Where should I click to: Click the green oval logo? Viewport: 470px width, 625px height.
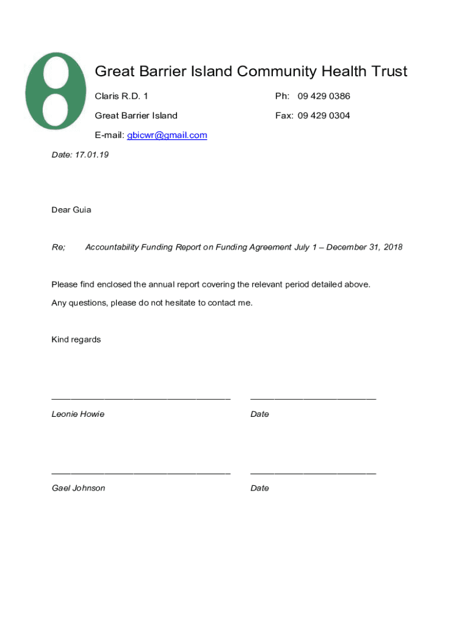(55, 90)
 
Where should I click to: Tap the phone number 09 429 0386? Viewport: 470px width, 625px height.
(324, 96)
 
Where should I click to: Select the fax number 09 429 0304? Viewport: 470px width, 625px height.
(324, 115)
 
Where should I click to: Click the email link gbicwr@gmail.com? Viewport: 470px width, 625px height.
(167, 135)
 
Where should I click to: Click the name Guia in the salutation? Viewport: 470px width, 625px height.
(82, 210)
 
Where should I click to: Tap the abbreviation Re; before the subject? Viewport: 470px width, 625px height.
(58, 247)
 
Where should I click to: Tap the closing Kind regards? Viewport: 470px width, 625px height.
(76, 339)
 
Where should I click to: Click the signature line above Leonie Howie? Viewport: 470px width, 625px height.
(141, 399)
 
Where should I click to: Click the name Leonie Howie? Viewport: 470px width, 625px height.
(78, 414)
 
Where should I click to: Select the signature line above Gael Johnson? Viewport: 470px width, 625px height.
(141, 472)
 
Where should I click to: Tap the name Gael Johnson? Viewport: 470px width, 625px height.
(78, 488)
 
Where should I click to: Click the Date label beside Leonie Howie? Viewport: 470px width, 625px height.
(259, 414)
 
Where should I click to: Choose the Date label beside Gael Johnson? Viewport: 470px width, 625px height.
(259, 488)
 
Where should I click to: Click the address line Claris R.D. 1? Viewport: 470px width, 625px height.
(121, 96)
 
